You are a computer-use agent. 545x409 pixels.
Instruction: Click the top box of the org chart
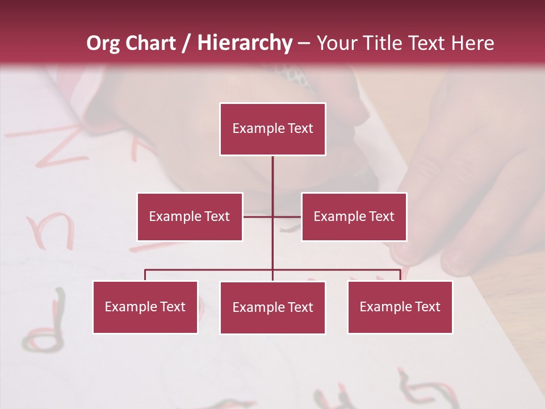(272, 129)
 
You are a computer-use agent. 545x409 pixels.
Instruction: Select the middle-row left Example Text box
(190, 216)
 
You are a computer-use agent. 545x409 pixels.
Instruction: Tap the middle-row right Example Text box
(354, 216)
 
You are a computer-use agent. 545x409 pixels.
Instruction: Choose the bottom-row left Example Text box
(145, 307)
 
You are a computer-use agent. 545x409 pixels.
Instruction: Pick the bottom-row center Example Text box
(272, 307)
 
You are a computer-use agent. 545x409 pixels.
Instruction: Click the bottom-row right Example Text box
(400, 307)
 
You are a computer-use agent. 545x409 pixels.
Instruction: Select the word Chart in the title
(151, 43)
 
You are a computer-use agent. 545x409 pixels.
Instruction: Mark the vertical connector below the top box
(272, 182)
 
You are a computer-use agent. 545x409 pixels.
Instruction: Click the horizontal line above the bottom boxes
(210, 270)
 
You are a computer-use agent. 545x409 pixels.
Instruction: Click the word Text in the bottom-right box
(428, 307)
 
